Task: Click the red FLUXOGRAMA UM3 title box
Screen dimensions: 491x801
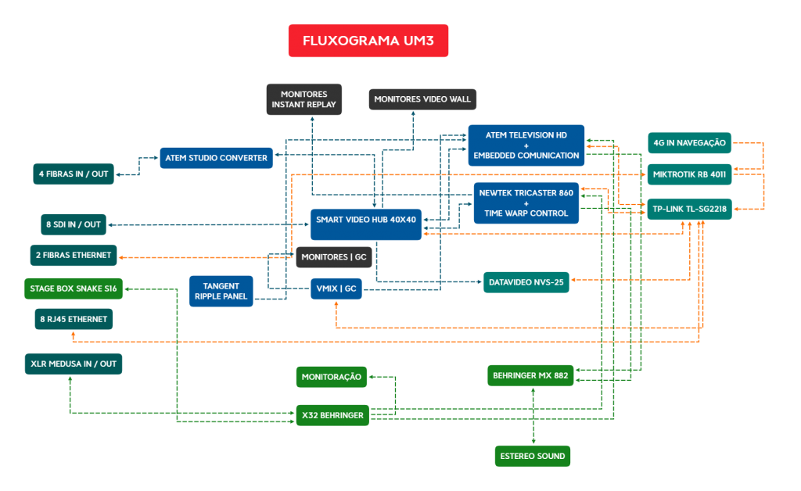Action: (368, 41)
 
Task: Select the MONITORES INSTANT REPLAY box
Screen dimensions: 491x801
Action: (304, 99)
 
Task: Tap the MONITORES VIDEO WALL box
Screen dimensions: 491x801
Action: (422, 99)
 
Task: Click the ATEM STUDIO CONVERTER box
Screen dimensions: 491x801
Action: (216, 158)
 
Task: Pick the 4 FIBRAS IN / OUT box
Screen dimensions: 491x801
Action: (74, 174)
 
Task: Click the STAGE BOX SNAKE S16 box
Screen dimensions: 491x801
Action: (74, 289)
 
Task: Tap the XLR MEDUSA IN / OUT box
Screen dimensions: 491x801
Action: (74, 364)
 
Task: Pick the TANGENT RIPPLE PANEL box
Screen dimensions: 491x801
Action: (221, 291)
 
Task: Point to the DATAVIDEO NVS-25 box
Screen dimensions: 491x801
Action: (526, 281)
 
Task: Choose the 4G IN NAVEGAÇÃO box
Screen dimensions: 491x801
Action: (689, 142)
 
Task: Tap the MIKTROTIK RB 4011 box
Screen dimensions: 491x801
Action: (689, 174)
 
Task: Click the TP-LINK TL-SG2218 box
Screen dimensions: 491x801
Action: (689, 209)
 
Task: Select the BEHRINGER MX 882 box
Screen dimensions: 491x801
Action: (531, 375)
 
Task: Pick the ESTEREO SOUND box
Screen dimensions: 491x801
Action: (533, 456)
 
